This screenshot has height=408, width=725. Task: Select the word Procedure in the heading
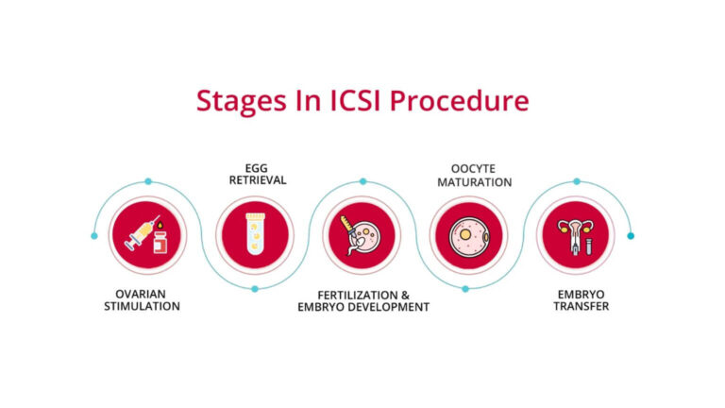(458, 101)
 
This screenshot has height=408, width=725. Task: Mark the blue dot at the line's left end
(94, 235)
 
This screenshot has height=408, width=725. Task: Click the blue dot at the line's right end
(631, 235)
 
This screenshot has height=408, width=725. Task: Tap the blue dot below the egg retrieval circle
(254, 289)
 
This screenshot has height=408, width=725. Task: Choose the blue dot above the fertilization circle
(362, 180)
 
